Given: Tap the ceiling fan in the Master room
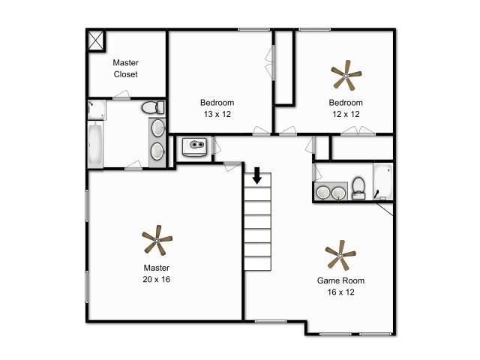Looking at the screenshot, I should (x=157, y=241).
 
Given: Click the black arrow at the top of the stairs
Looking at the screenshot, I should (x=256, y=175).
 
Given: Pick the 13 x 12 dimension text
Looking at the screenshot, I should (x=217, y=114).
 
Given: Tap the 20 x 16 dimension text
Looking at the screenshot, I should (x=156, y=279).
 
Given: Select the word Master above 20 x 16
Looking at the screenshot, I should (x=156, y=268).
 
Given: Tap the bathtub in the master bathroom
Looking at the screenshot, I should (x=96, y=145).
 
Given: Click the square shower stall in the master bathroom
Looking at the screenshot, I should (x=96, y=109).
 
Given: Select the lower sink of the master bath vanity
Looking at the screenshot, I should (x=157, y=151).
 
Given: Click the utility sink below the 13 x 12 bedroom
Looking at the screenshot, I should (x=194, y=145).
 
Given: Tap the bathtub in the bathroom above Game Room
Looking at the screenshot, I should (x=383, y=181).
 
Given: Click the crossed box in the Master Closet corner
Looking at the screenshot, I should (x=97, y=39).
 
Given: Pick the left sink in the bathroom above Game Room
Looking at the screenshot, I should (x=323, y=193).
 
